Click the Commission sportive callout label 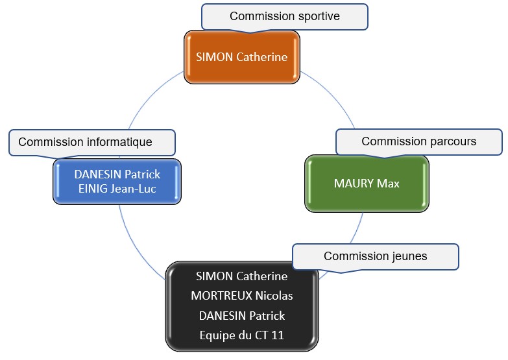tap(285, 16)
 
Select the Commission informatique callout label tap(91, 142)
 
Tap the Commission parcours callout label tap(418, 141)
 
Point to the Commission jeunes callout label tap(375, 256)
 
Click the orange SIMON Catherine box tap(241, 57)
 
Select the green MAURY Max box tap(367, 183)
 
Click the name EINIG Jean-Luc tap(117, 189)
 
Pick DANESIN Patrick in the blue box tap(117, 174)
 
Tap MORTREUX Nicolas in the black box tap(241, 296)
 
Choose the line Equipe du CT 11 tap(241, 335)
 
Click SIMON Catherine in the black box tap(241, 276)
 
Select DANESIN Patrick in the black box tap(241, 316)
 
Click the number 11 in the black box tap(278, 335)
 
